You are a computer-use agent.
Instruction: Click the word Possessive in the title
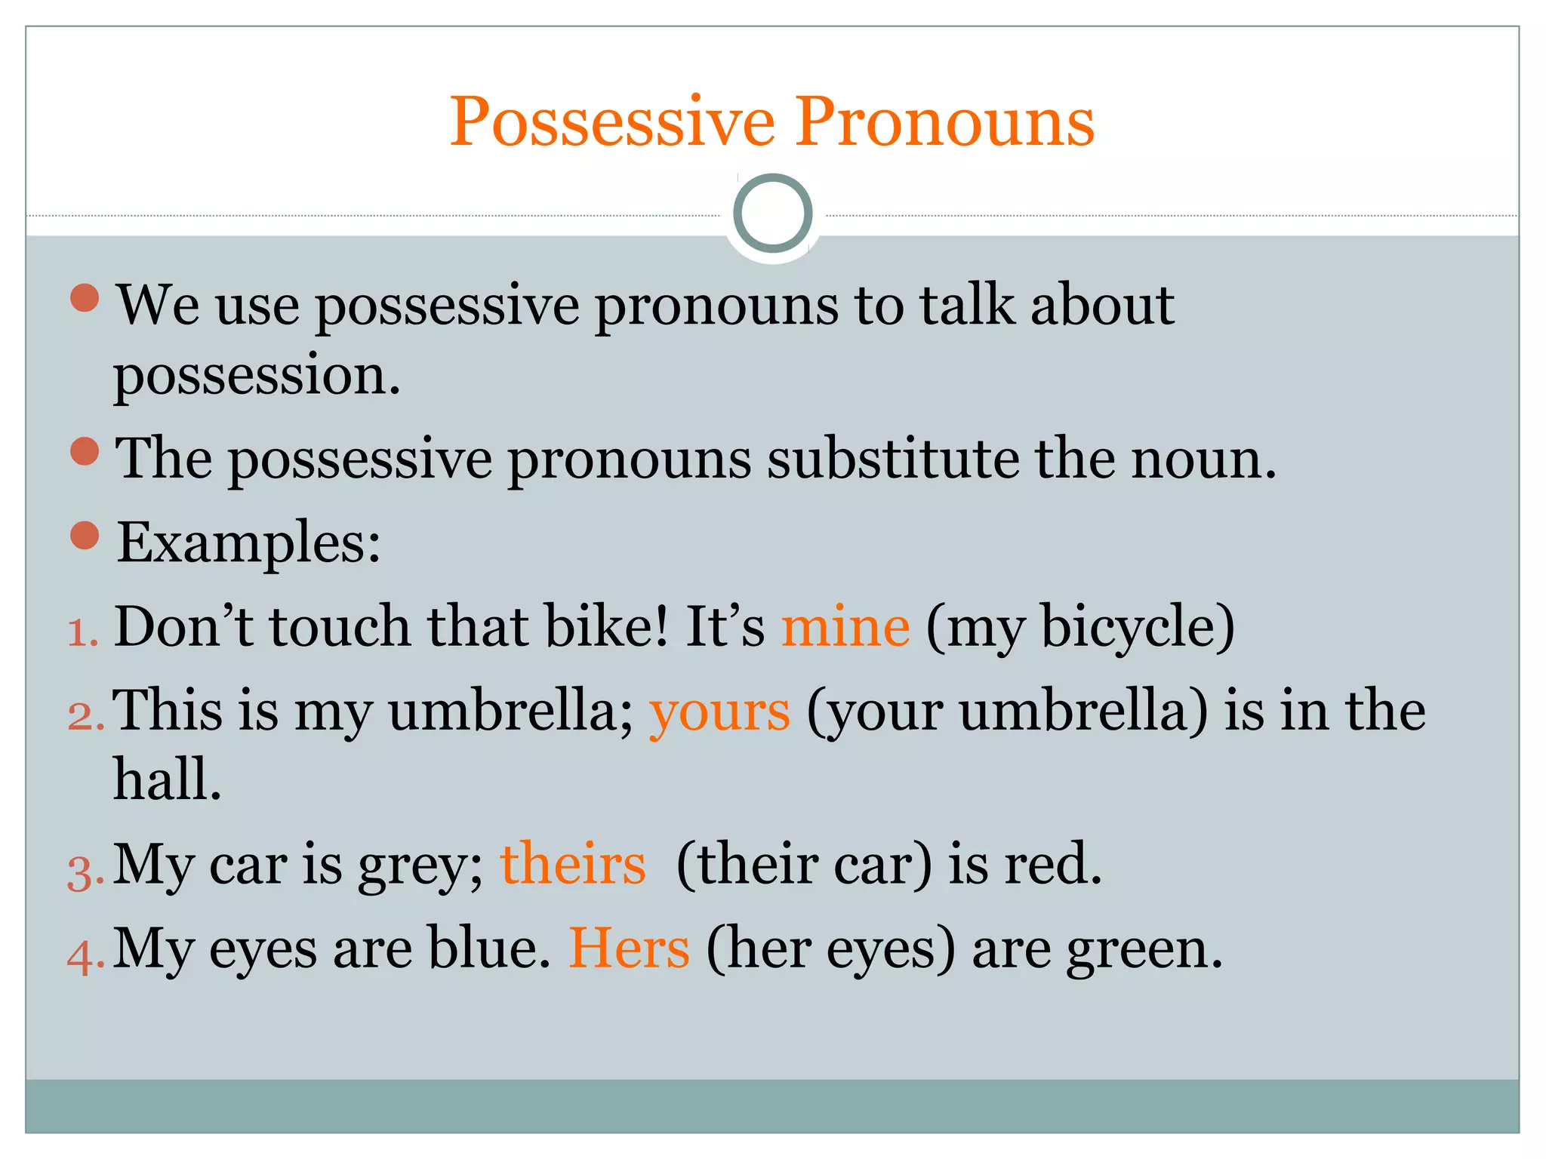(x=612, y=122)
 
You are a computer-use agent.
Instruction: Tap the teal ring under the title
(x=772, y=214)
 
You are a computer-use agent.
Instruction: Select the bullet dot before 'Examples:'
(x=85, y=535)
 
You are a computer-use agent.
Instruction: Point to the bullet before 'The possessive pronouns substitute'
(x=85, y=451)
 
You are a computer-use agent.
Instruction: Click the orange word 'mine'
(x=845, y=627)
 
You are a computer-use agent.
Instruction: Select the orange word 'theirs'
(x=573, y=865)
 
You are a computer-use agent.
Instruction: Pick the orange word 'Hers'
(x=629, y=948)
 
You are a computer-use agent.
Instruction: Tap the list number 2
(x=85, y=717)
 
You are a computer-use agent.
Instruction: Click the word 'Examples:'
(x=249, y=543)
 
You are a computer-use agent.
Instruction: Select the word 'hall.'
(x=168, y=779)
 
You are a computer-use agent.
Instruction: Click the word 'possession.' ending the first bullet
(x=257, y=376)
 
